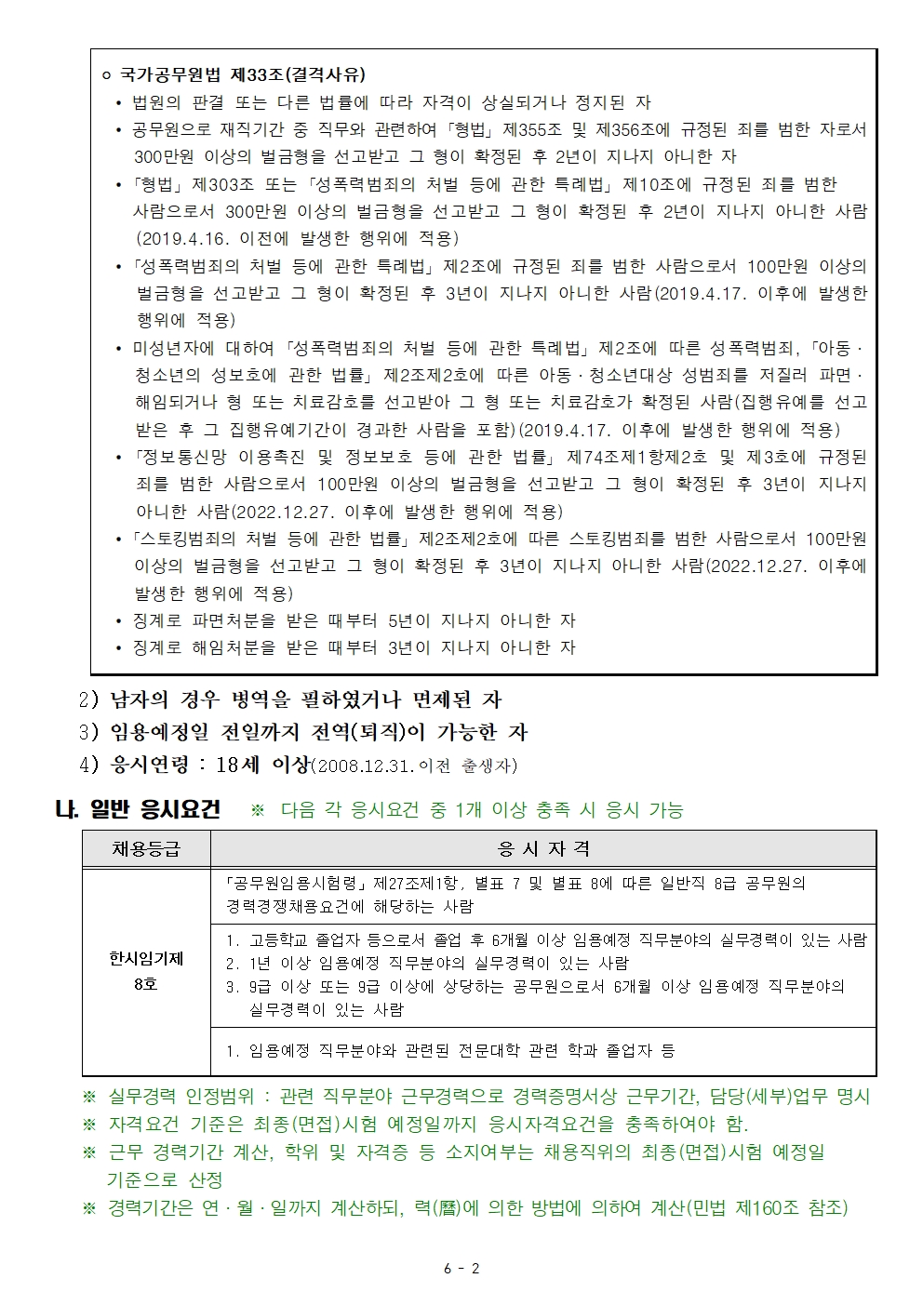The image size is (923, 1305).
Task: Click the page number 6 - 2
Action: (x=461, y=1268)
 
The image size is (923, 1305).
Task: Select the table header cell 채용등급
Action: (x=146, y=848)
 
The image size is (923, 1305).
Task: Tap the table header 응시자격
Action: (x=543, y=848)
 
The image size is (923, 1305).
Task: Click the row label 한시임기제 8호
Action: (x=146, y=971)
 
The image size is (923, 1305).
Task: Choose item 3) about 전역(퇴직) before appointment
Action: (x=303, y=732)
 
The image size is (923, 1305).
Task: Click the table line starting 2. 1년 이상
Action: (x=428, y=964)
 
